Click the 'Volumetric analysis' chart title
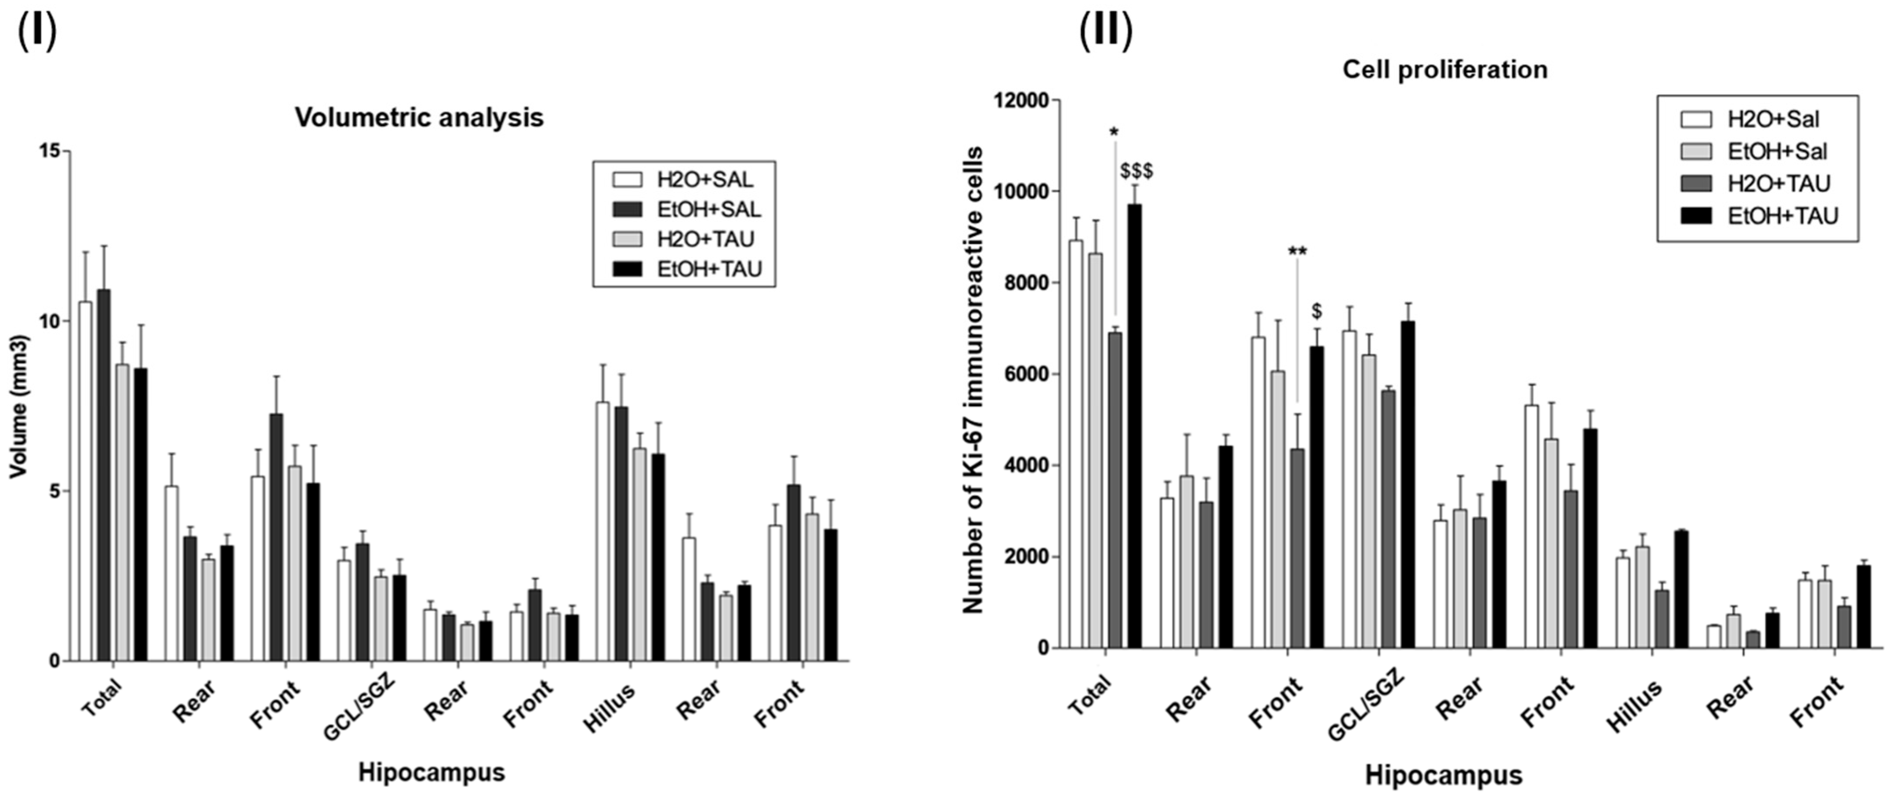click(x=419, y=117)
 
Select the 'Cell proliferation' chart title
click(x=1445, y=70)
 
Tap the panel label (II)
click(x=1106, y=31)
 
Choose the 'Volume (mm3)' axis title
click(x=19, y=407)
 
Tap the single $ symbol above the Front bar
click(x=1317, y=311)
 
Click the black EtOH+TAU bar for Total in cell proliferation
click(x=1135, y=426)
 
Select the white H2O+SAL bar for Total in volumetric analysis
click(x=86, y=480)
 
